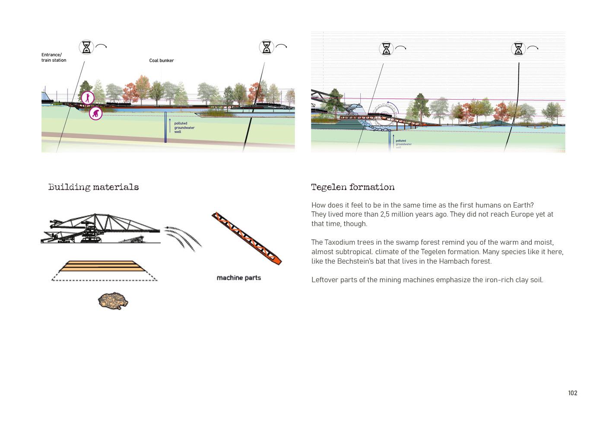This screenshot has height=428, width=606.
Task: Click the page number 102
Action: (x=572, y=393)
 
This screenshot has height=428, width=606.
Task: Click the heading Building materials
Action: (x=93, y=187)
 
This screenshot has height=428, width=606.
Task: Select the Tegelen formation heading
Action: (x=352, y=187)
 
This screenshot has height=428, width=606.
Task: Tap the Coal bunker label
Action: (x=161, y=61)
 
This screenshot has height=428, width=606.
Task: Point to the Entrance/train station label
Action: (x=54, y=58)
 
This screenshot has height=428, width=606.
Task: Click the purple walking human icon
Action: (x=88, y=98)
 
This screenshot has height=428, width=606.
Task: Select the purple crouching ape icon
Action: (x=95, y=113)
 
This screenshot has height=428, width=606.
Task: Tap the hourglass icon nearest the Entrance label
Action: (x=86, y=47)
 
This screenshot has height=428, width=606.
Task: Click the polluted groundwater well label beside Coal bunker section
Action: (x=184, y=128)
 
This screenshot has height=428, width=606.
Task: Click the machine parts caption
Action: (x=238, y=278)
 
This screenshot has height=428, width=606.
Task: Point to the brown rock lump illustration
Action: (x=113, y=301)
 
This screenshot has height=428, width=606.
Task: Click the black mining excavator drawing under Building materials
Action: (x=100, y=228)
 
